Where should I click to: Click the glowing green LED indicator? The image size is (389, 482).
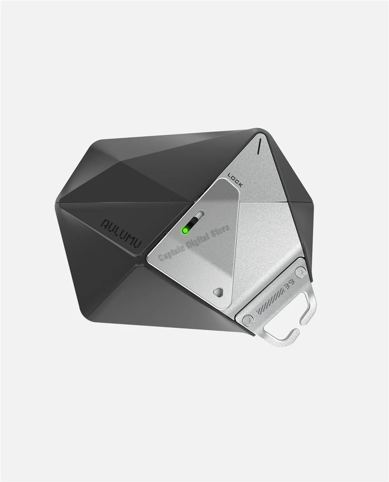point(185,231)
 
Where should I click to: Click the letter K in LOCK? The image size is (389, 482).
point(240,185)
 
